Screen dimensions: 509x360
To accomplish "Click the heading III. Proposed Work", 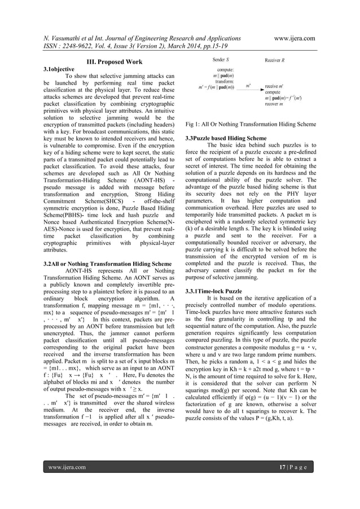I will click(x=114, y=62).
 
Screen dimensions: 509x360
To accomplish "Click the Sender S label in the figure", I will click(x=221, y=59).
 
